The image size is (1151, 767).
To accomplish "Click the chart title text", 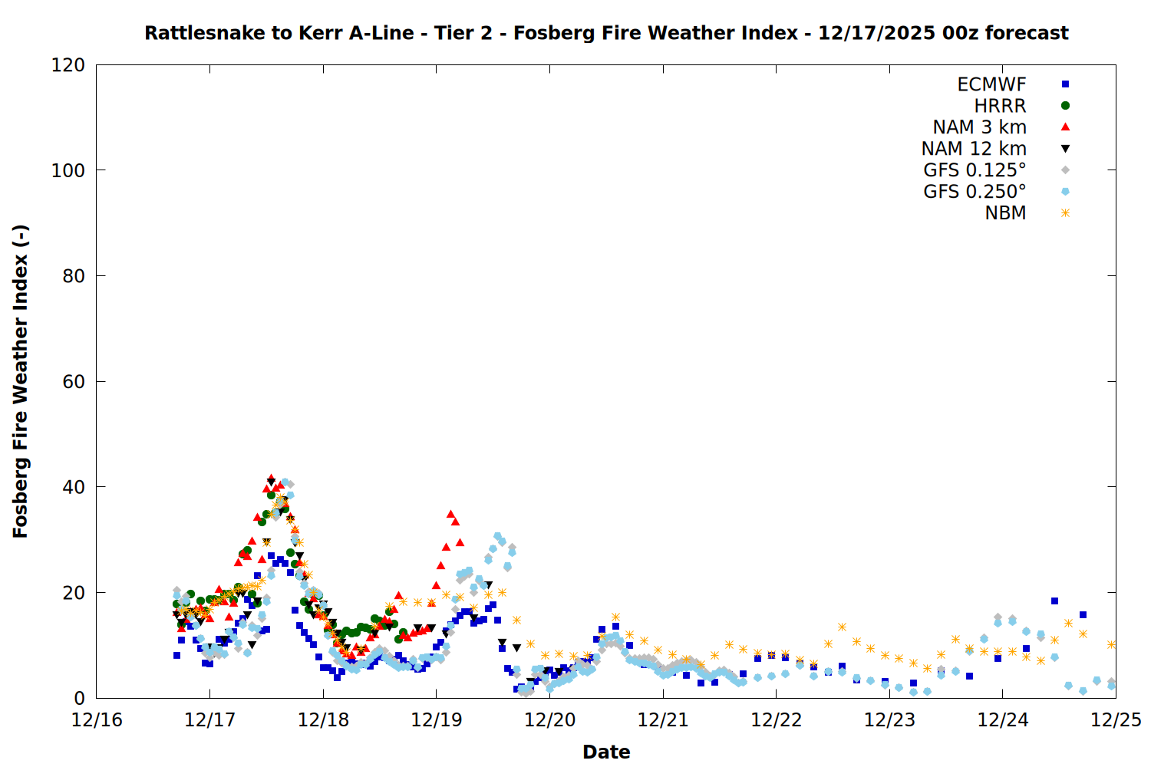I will click(606, 33).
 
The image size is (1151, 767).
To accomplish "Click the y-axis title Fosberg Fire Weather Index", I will click(21, 381).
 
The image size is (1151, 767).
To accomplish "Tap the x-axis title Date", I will click(606, 752).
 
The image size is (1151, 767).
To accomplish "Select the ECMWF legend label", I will click(991, 84).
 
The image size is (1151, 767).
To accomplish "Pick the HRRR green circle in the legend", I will click(1065, 106).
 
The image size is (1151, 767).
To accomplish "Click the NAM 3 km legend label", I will click(979, 127).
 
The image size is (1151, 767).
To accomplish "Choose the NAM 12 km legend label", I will click(974, 149).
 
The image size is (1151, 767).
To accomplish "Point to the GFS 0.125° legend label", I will click(975, 170).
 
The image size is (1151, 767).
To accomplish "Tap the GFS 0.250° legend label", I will click(975, 192).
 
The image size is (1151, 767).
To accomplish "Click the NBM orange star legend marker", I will click(1065, 213).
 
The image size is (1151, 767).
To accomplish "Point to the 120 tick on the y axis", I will click(68, 65).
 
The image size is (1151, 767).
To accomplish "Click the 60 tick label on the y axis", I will click(74, 382).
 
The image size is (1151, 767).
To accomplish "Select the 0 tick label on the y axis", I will click(80, 698).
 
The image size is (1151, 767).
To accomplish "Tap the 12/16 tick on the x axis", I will click(97, 720).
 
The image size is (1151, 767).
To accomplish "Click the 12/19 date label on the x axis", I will click(437, 720).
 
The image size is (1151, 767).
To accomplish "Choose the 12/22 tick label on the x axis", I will click(777, 720).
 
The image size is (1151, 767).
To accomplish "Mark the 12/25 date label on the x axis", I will click(1116, 720).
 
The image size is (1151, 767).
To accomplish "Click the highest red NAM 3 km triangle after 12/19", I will click(451, 514).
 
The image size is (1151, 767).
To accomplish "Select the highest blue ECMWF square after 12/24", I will click(1054, 601).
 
